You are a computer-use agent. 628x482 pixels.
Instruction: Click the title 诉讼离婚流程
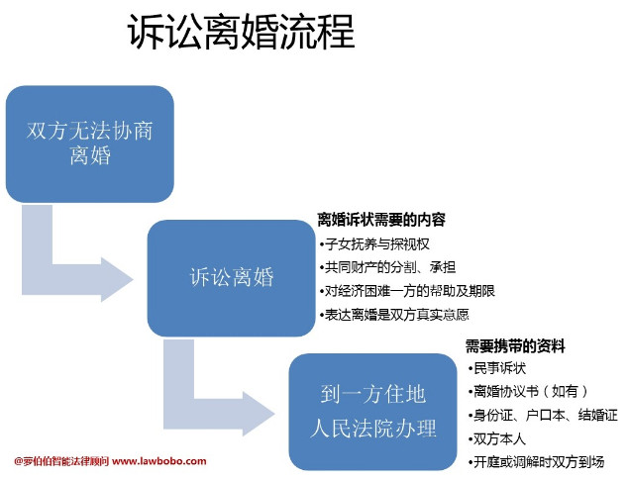coord(241,32)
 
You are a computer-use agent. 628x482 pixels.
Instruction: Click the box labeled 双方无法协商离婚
coord(90,144)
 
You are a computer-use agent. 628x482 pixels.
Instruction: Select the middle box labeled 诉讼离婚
coord(232,278)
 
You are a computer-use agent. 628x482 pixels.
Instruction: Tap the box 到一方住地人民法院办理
coord(372,412)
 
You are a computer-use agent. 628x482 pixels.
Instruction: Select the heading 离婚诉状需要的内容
coord(381,220)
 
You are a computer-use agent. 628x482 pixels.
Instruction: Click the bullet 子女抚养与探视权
coord(374,243)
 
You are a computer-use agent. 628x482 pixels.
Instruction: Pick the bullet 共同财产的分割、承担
coord(387,267)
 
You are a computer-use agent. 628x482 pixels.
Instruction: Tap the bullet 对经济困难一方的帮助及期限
coord(407,291)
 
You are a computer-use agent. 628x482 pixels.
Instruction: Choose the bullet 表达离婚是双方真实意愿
coord(394,315)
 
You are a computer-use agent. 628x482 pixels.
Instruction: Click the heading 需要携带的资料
coord(515,346)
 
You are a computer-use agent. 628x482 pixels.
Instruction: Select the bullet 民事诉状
coord(497,368)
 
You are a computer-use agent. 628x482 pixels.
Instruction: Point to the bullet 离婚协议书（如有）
coord(528,391)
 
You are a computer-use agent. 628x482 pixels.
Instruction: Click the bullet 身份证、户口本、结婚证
coord(543,415)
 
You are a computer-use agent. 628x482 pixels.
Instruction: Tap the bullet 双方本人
coord(497,439)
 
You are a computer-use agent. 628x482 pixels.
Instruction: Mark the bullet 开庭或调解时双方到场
coord(536,462)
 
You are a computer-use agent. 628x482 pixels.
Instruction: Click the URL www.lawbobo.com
coord(159,461)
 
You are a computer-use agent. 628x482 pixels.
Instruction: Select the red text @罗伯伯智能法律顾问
coord(61,461)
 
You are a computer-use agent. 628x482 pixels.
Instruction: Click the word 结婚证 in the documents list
coord(598,415)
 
